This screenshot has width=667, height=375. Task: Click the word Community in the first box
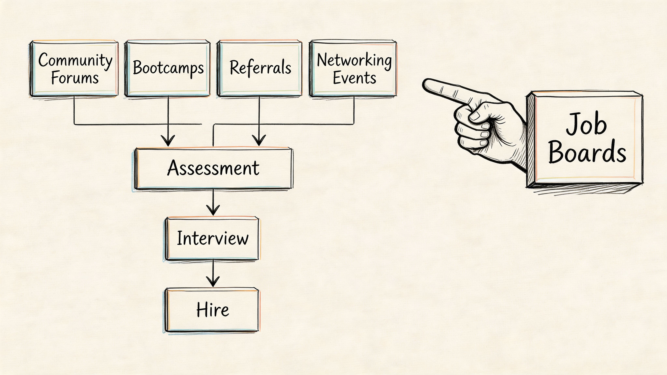coord(75,60)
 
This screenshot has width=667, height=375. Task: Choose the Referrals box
coord(260,68)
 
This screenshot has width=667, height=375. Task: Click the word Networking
coord(354,60)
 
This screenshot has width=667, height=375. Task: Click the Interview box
coord(212,238)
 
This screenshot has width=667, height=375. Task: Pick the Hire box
coord(212,310)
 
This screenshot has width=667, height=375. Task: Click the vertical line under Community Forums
coord(74,110)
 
